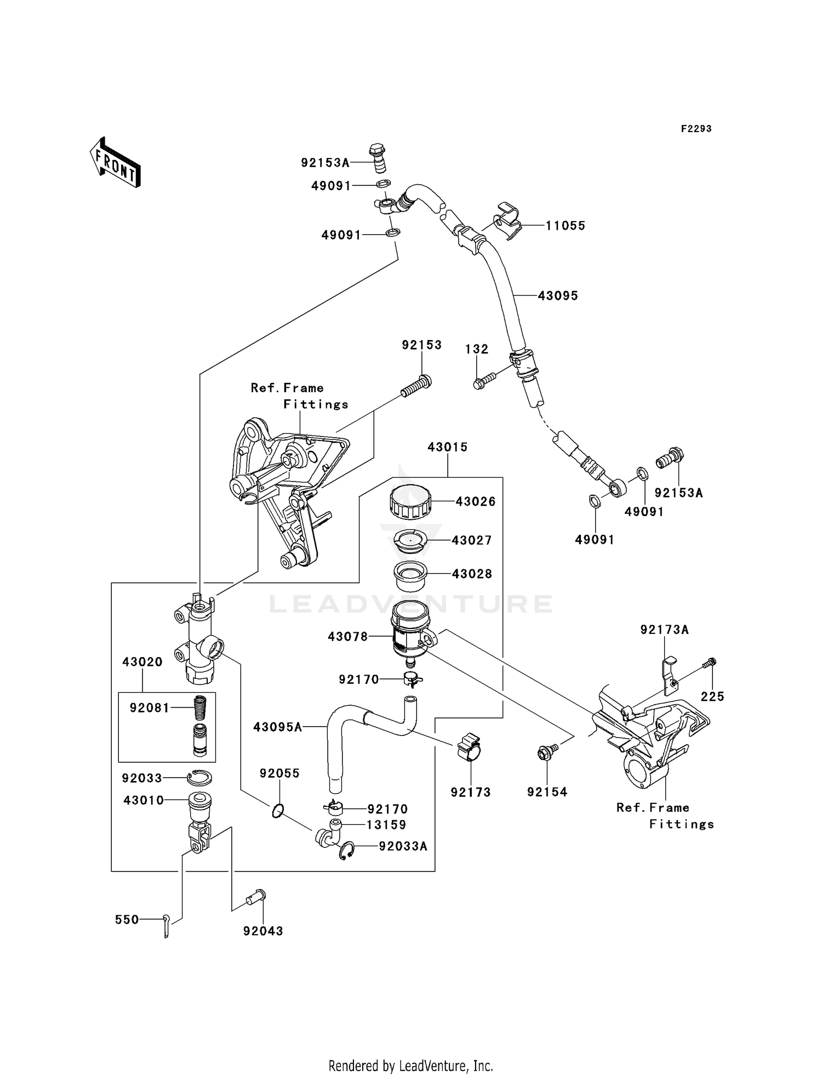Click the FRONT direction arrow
coord(116,162)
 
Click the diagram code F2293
coord(696,129)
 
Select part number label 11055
coord(565,225)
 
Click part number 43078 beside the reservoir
coord(347,637)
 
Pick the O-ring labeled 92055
coord(278,810)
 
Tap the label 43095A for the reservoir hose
coord(277,727)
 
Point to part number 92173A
coord(664,630)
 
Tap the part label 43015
coord(447,447)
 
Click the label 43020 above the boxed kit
coord(142,662)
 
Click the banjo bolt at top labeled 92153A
coord(378,157)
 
